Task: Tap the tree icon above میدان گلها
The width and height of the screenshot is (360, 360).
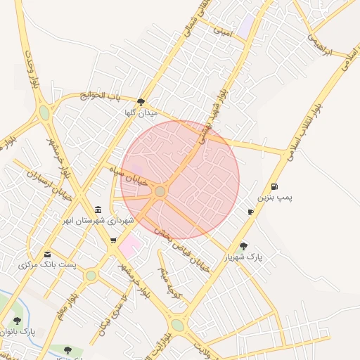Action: (141, 101)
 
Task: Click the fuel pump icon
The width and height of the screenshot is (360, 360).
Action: (274, 187)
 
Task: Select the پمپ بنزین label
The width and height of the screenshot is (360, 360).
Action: (274, 198)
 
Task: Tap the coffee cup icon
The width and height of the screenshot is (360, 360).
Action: (250, 212)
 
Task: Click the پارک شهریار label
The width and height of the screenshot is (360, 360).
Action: (243, 257)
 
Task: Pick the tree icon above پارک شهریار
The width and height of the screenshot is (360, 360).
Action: (243, 246)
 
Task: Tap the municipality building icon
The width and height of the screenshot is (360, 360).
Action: (98, 210)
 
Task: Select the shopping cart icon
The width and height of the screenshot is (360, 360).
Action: (113, 240)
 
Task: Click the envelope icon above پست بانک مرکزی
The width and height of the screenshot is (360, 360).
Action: (47, 254)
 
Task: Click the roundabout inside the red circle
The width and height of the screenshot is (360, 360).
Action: (160, 191)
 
